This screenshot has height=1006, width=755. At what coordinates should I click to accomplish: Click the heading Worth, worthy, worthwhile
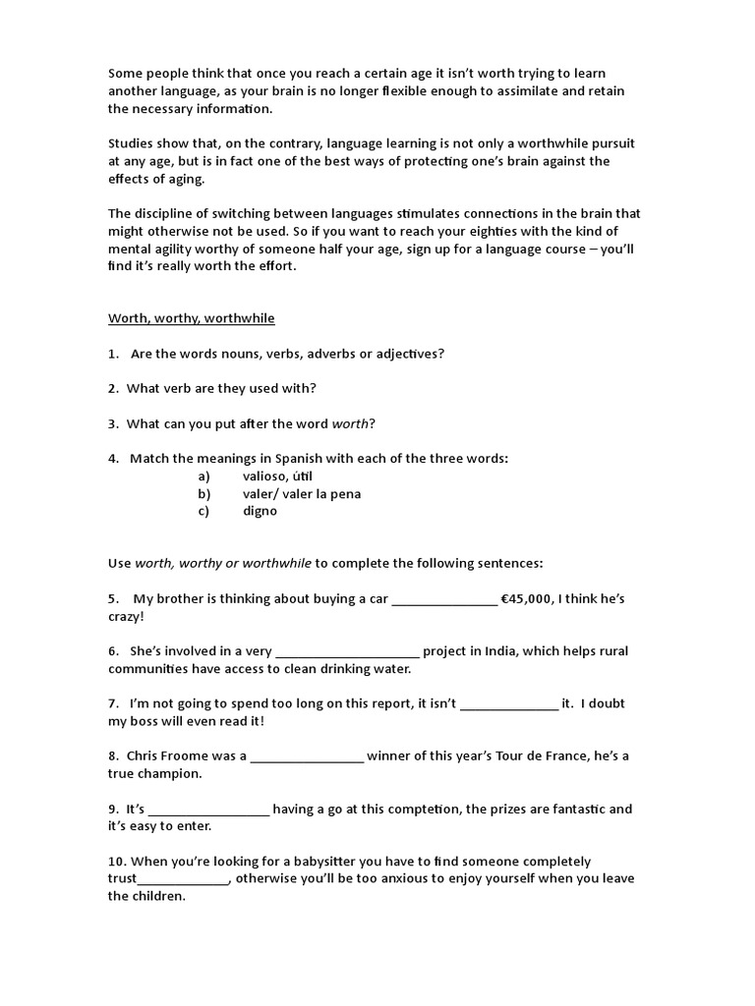point(191,318)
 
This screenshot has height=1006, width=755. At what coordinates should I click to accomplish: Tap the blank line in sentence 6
point(348,653)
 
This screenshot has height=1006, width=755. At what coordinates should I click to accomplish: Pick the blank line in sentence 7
point(508,706)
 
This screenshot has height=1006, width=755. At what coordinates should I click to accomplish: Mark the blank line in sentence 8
point(307,759)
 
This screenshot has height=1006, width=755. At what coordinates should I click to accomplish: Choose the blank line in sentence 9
point(208,812)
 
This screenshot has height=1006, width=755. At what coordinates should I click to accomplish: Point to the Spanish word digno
point(260,511)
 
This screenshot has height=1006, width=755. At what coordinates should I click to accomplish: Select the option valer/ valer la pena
point(301,493)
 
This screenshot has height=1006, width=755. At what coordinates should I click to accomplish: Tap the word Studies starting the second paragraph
point(132,143)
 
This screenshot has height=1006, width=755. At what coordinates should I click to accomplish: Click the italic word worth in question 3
point(350,423)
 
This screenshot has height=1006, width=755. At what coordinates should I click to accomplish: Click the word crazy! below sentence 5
point(126,616)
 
